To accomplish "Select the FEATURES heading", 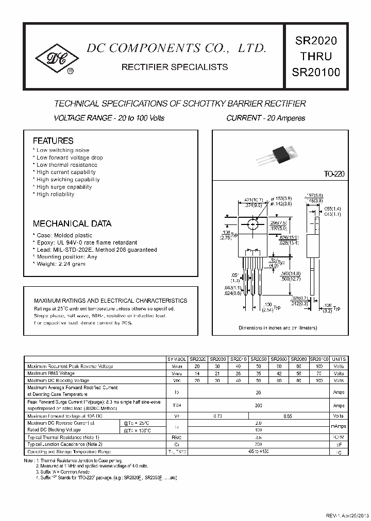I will (x=53, y=141).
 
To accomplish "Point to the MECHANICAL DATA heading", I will (x=72, y=224).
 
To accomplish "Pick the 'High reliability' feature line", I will (x=55, y=195).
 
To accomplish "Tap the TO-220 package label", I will (x=334, y=175).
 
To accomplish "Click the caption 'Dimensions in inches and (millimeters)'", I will (x=278, y=328).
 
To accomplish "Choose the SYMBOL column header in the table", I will (x=176, y=359).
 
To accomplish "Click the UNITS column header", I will (x=339, y=359).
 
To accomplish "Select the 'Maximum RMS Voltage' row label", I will (x=51, y=373).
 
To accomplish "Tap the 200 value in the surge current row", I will (x=258, y=406).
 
